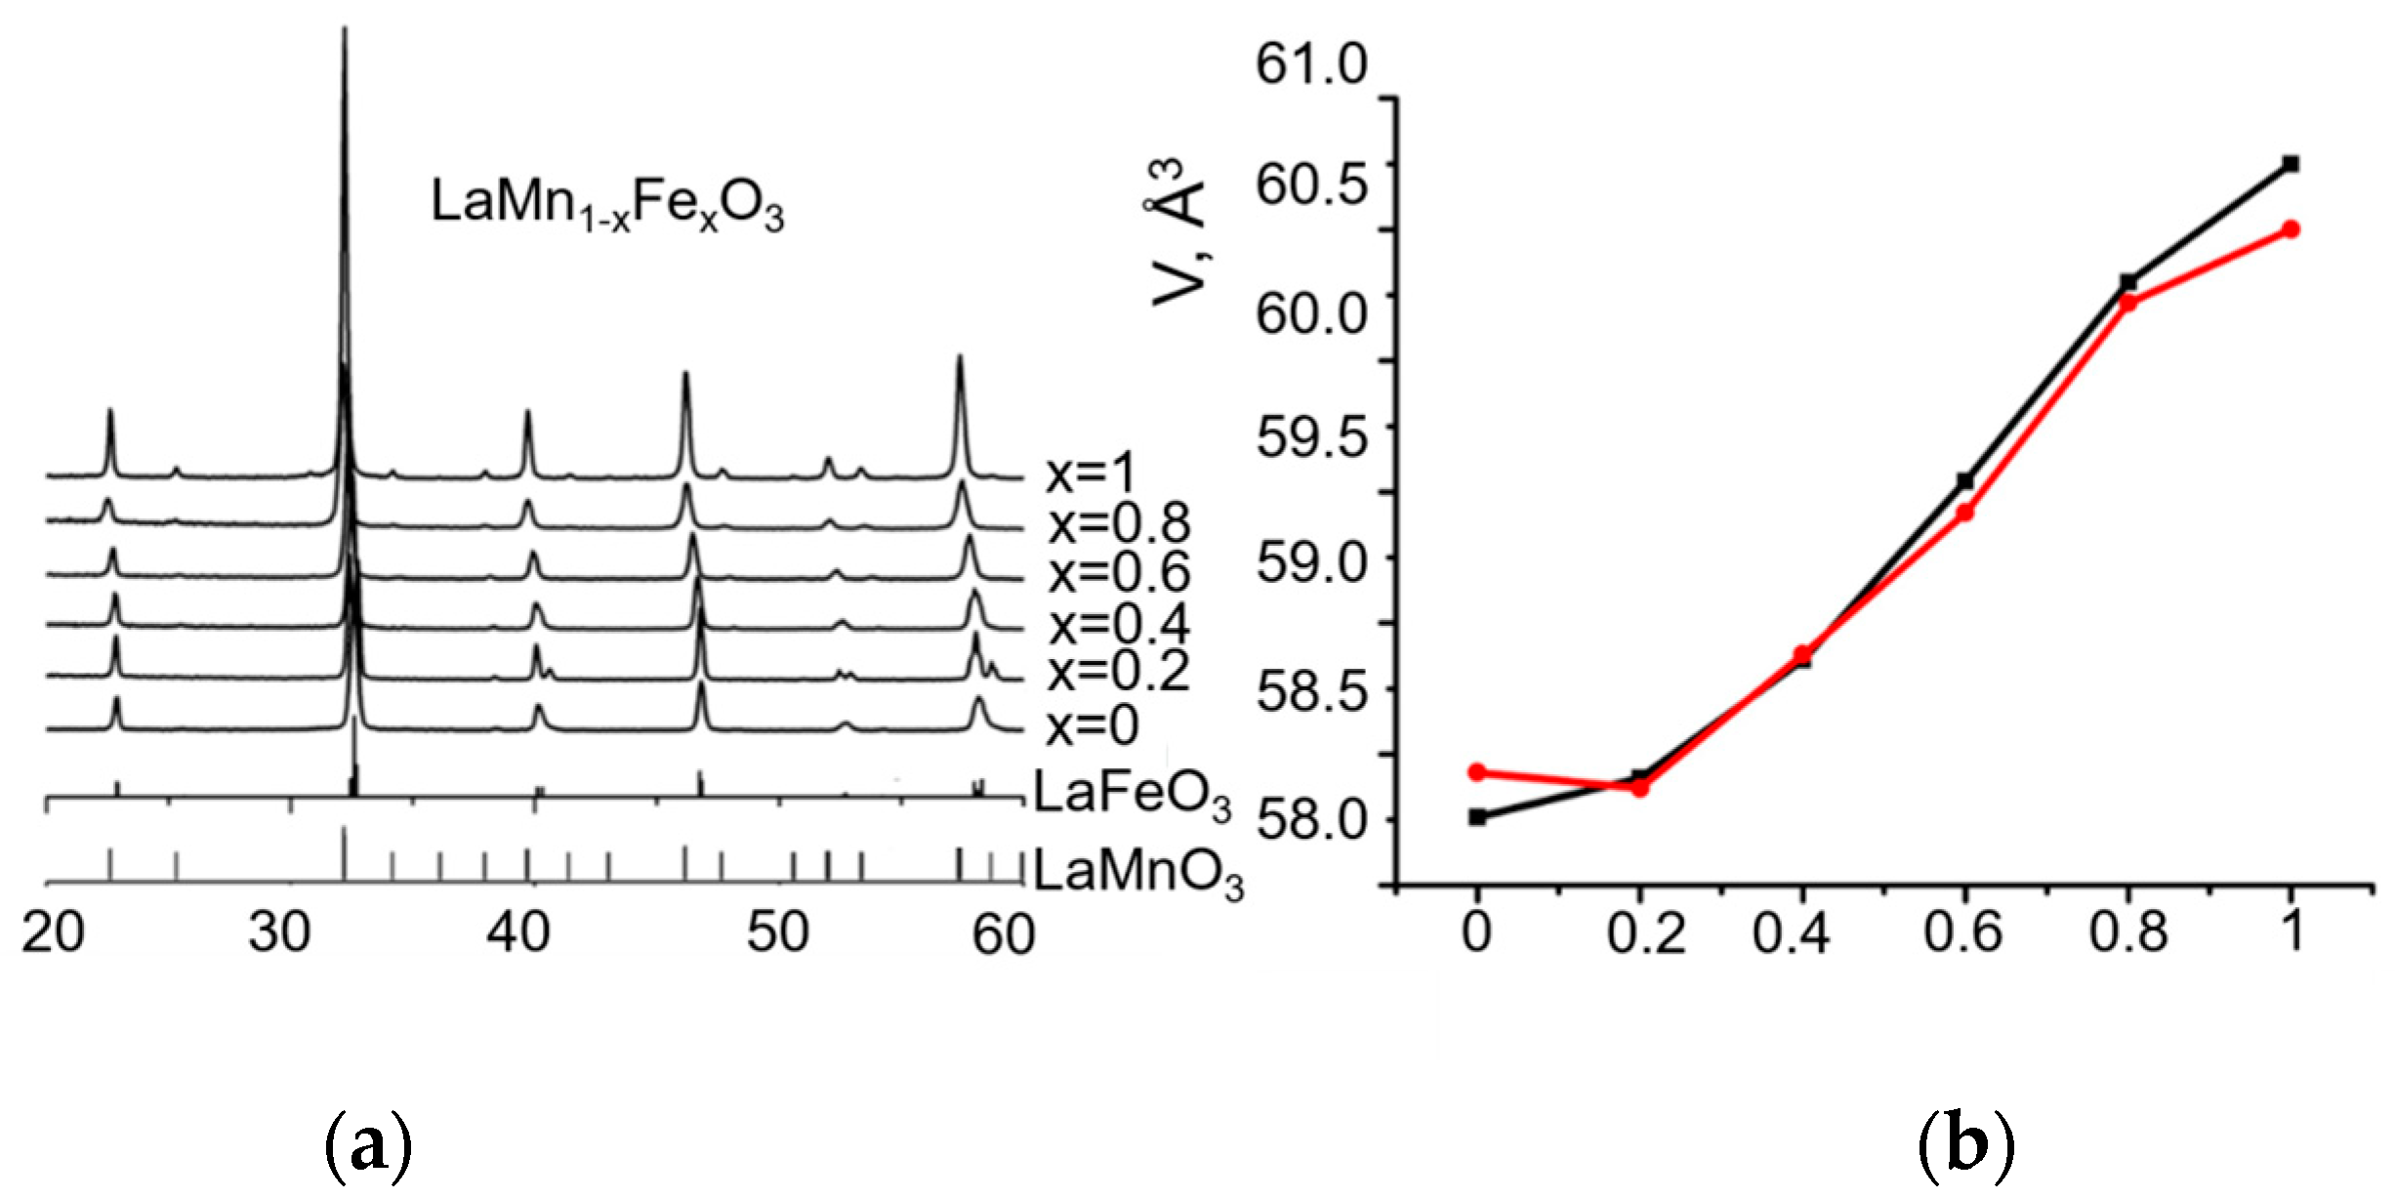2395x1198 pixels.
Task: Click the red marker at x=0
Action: [x=1477, y=772]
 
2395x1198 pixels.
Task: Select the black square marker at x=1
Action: [x=2291, y=164]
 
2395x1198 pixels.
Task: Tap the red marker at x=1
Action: [x=2291, y=229]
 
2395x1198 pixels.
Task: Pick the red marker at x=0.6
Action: [x=1965, y=513]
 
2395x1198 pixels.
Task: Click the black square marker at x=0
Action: [x=1477, y=817]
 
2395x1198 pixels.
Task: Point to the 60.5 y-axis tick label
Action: [x=1311, y=183]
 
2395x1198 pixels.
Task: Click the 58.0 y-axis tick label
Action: [x=1311, y=819]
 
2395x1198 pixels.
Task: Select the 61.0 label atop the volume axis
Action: [x=1311, y=64]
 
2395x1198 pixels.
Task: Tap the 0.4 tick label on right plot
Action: [x=1791, y=932]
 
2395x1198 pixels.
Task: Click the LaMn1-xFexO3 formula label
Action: [x=606, y=205]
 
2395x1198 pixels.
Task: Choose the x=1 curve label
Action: [x=1091, y=475]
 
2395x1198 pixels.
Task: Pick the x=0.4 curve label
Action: [x=1119, y=624]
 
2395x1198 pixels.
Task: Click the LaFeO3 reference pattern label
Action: [x=1131, y=793]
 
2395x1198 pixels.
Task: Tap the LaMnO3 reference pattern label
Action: [x=1137, y=871]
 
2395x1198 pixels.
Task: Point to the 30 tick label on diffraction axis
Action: [x=279, y=932]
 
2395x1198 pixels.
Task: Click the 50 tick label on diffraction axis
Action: [x=777, y=932]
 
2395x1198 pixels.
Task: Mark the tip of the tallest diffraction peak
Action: [x=344, y=29]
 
